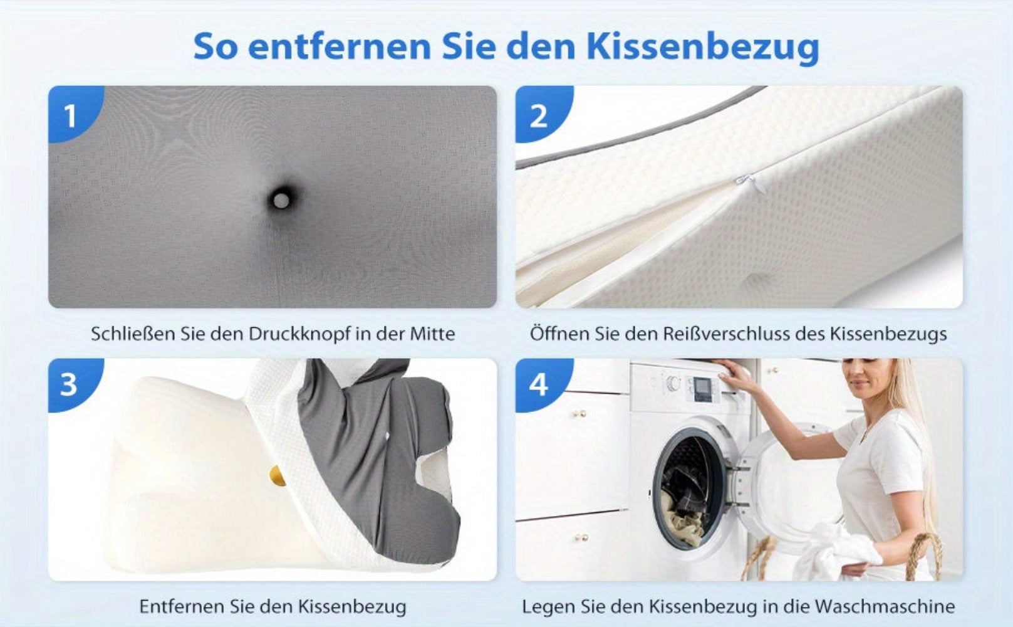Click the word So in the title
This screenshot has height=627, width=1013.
[x=216, y=47]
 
